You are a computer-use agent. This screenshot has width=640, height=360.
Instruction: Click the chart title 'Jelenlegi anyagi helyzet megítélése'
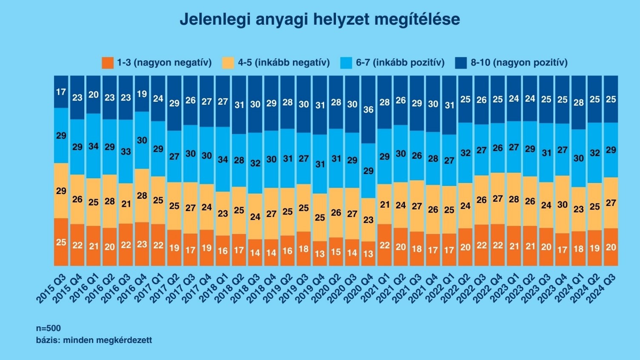point(319,20)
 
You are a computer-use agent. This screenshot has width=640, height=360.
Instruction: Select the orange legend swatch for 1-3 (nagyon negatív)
point(108,63)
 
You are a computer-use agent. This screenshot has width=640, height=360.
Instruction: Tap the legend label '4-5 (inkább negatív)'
point(284,63)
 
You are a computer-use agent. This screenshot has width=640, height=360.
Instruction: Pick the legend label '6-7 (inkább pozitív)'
point(400,63)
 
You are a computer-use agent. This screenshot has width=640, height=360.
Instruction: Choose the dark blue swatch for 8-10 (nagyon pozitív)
point(461,63)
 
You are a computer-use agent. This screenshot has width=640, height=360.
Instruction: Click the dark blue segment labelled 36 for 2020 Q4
point(368,109)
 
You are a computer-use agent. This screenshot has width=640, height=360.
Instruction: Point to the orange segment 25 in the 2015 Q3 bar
point(61,242)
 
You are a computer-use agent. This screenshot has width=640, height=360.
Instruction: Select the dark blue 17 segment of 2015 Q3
point(61,92)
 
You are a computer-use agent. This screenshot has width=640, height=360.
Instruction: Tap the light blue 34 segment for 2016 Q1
point(94,146)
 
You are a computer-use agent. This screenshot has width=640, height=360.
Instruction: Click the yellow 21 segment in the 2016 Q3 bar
point(126,204)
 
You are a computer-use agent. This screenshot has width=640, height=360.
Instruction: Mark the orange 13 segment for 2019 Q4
point(320,254)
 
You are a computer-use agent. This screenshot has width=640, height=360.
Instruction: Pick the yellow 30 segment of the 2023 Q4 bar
point(563,204)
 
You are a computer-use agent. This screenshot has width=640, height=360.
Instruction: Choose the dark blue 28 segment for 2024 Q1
point(579,102)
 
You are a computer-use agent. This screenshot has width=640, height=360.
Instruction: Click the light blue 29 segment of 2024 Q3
point(611,150)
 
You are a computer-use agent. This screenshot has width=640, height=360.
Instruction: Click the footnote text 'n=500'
point(48,328)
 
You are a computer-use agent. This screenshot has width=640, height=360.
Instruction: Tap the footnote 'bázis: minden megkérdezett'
point(94,340)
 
